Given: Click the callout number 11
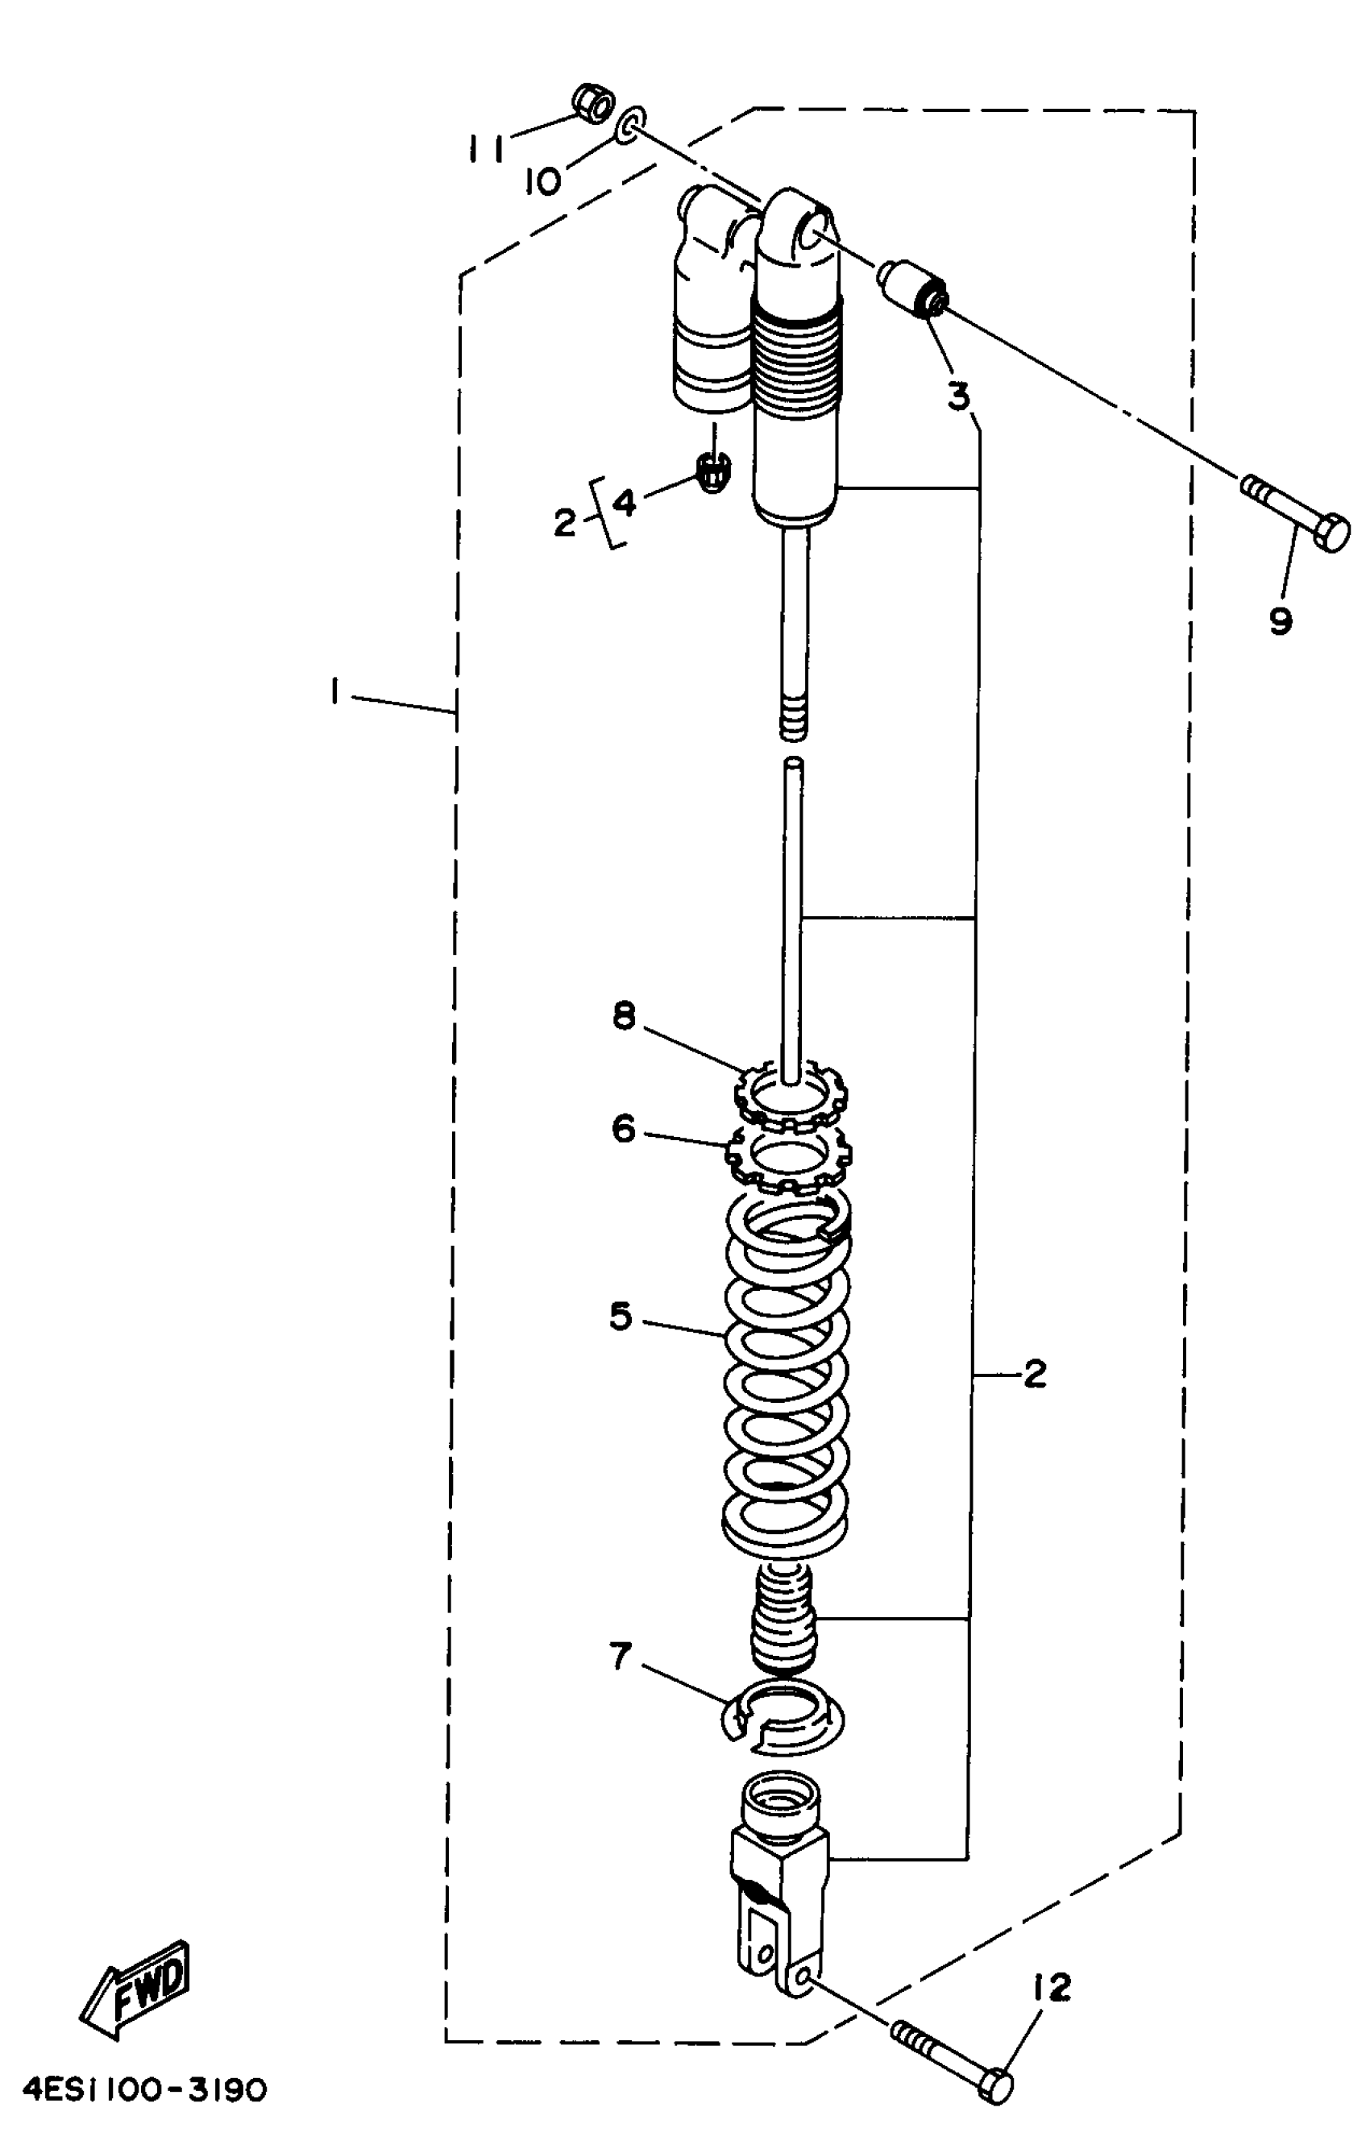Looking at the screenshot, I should [x=488, y=148].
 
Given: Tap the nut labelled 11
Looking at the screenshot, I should [x=591, y=105].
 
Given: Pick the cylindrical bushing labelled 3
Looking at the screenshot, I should [x=914, y=288].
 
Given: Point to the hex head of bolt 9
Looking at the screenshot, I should [x=1332, y=533].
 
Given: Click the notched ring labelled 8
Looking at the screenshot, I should [x=790, y=1093].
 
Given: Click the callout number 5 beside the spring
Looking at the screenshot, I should [x=621, y=1317].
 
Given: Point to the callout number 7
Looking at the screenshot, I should [x=621, y=1657].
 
